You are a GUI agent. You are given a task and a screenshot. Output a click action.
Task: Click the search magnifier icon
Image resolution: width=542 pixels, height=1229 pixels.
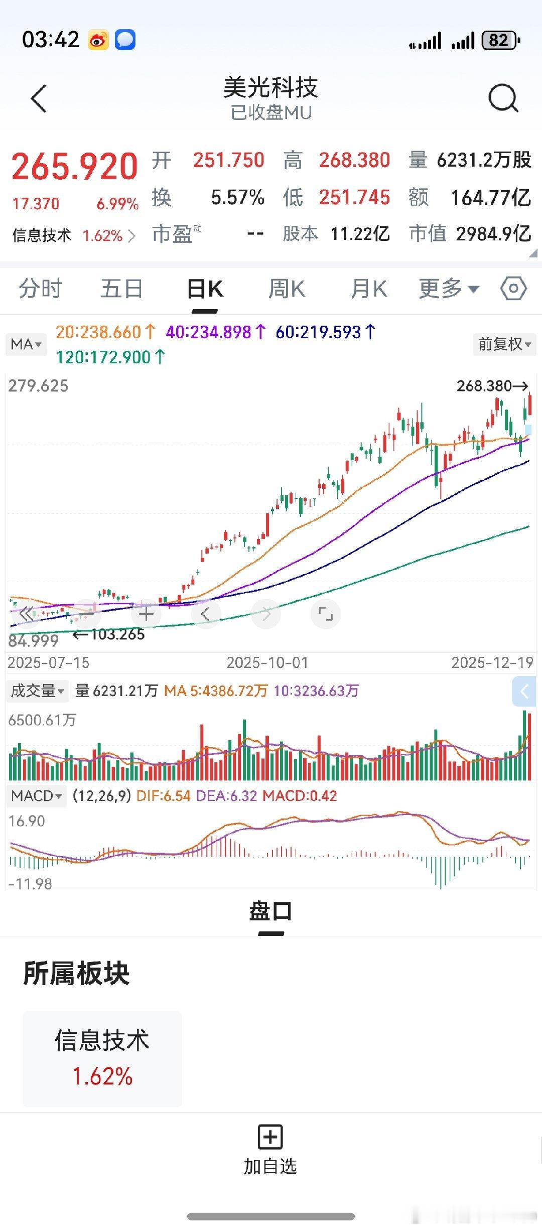point(503,98)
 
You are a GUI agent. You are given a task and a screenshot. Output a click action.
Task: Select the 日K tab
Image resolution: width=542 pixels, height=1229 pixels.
point(205,290)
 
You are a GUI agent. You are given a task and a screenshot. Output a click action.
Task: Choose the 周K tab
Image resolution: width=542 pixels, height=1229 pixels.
point(287,290)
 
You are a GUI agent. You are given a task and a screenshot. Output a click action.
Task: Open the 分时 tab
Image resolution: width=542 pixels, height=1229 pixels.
point(41,290)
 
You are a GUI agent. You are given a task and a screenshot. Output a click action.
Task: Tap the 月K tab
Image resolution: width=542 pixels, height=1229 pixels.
point(369,290)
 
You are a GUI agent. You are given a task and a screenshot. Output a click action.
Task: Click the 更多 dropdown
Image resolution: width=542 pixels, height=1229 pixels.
point(449,289)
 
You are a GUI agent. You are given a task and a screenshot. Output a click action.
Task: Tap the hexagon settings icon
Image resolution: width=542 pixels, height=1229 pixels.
point(513,289)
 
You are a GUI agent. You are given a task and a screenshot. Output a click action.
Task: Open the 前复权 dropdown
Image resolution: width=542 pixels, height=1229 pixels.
point(504,344)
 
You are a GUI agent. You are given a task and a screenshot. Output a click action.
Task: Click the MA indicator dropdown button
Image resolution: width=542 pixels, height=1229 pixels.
point(26,344)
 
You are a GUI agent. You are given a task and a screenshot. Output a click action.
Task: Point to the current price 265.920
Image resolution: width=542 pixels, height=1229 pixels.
point(75,167)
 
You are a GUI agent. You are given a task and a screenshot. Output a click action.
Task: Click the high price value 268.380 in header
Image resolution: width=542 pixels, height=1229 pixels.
point(354,161)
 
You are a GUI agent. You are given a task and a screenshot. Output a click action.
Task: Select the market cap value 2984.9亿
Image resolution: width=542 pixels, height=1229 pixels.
point(493,234)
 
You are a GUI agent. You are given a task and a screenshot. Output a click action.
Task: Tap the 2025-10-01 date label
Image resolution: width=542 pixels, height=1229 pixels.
point(267,663)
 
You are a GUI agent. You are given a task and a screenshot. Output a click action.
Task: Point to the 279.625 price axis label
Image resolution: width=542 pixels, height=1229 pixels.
point(38,386)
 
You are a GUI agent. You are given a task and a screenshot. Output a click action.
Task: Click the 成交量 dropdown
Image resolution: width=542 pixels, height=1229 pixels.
point(37,691)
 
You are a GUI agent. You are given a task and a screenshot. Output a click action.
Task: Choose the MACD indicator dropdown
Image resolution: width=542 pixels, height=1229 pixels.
point(36,796)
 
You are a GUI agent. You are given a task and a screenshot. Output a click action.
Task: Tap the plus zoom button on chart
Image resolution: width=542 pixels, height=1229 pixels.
point(146,614)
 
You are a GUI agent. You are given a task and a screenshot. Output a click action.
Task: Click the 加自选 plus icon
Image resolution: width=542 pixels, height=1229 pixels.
point(270,1137)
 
